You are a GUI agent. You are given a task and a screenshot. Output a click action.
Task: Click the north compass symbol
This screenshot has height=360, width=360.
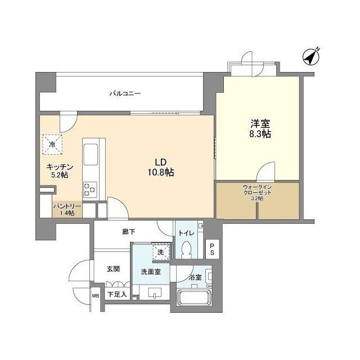click(x=310, y=57)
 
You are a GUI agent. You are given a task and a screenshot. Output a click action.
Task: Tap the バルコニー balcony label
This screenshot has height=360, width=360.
click(x=125, y=93)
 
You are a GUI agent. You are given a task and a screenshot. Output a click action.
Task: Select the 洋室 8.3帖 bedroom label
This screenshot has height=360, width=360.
click(x=260, y=129)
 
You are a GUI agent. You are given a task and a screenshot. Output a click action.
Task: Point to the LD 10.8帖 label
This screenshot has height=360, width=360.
click(x=160, y=167)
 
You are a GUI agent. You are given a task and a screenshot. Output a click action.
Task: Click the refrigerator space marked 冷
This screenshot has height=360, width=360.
click(x=52, y=145)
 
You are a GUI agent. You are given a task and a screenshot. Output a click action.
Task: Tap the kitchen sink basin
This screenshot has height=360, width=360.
click(x=91, y=154)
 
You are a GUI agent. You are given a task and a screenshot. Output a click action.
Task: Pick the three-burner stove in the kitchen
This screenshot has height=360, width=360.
click(x=90, y=190)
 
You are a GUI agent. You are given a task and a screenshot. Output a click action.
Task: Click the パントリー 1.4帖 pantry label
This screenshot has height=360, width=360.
click(x=67, y=209)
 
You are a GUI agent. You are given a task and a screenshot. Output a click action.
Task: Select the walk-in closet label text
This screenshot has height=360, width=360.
click(x=257, y=192)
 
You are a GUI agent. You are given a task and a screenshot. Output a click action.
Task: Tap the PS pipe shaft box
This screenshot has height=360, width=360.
click(x=212, y=249)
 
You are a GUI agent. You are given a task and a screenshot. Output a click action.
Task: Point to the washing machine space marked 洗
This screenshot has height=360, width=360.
click(x=161, y=251)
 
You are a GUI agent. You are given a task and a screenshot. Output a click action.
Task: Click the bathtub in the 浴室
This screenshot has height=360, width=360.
click(x=194, y=298)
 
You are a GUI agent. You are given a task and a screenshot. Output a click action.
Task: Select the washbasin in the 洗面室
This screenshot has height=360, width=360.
click(x=155, y=292)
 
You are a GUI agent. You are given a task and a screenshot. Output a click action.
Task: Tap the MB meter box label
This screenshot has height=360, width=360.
click(x=96, y=296)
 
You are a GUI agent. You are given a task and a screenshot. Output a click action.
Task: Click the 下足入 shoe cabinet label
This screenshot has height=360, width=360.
click(x=117, y=294)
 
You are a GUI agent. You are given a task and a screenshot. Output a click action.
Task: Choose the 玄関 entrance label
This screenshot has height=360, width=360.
click(x=113, y=269)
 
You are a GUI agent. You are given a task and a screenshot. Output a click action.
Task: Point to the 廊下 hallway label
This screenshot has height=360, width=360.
click(x=129, y=232)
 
